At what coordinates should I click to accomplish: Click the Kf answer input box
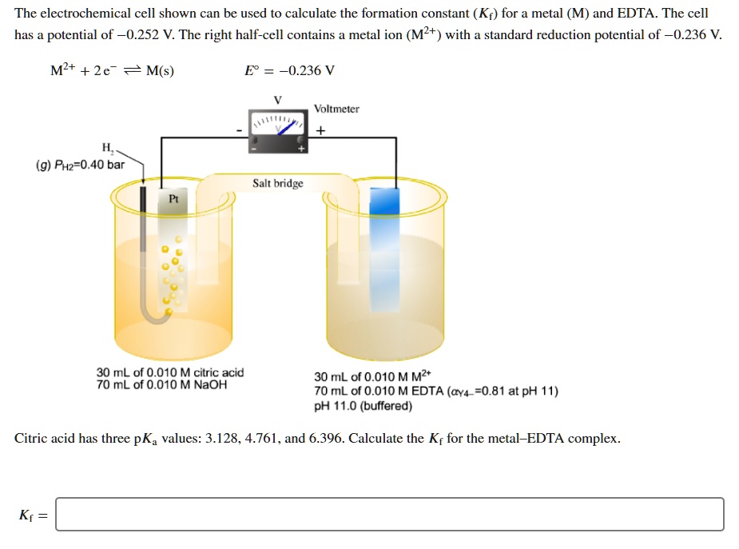pos(390,514)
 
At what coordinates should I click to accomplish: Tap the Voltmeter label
pos(336,109)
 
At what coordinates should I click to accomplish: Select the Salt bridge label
pos(278,183)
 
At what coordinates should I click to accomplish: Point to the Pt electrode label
pos(173,197)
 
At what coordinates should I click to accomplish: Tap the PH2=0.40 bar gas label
pos(80,165)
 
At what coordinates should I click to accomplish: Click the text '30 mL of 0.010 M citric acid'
pos(170,372)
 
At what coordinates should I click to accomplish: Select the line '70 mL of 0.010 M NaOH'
pos(161,384)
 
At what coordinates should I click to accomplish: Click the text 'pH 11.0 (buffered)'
pos(364,406)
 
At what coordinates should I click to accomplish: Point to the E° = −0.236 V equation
pos(289,70)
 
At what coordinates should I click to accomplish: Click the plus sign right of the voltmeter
pos(321,130)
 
